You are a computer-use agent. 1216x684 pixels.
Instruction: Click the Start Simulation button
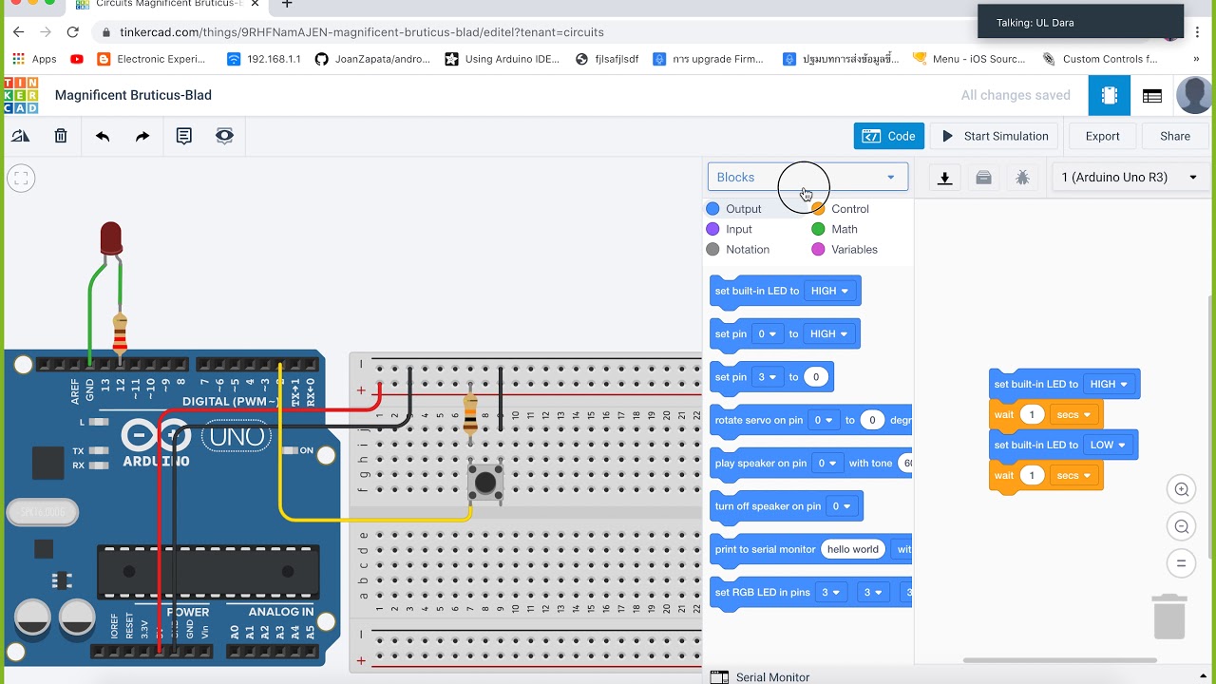coord(995,136)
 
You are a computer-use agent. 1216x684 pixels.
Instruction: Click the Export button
coord(1102,136)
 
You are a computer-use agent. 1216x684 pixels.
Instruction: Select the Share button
coord(1174,136)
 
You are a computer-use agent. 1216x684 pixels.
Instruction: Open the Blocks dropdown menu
coord(807,177)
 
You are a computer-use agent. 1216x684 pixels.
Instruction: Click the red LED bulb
coord(111,237)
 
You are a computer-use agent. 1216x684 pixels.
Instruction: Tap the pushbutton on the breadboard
coord(485,483)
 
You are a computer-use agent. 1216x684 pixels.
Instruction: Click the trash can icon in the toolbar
coord(61,136)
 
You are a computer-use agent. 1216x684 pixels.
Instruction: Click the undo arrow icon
coord(103,136)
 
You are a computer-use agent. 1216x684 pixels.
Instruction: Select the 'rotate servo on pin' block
coord(757,420)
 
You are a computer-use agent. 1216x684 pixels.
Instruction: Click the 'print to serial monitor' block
coord(764,549)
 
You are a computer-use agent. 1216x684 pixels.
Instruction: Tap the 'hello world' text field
coord(852,549)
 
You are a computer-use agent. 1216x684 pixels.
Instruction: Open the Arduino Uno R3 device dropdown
coord(1128,177)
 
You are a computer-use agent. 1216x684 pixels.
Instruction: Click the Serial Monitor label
coord(772,676)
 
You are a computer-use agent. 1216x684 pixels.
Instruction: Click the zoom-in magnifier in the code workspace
coord(1182,490)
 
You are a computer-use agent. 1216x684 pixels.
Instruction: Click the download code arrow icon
coord(944,178)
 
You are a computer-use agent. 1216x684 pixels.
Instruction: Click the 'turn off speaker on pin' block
coord(768,506)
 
